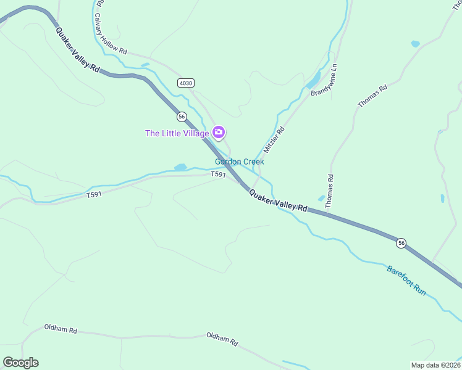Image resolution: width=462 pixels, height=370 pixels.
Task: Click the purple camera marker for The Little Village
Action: coord(218,132)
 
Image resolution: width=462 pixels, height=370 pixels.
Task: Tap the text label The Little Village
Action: coord(177,133)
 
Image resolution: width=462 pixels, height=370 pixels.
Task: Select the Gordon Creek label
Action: coord(239,162)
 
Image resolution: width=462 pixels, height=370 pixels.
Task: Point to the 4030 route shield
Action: coord(185,83)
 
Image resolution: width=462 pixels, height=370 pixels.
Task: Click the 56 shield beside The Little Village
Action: coord(181,116)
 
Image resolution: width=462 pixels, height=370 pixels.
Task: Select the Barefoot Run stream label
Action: coord(406,279)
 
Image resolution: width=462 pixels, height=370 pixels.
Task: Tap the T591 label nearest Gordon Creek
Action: coord(218,175)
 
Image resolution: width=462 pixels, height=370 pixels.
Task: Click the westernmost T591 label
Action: coord(94,195)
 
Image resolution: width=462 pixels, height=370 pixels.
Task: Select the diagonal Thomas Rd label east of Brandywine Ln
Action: coord(372,96)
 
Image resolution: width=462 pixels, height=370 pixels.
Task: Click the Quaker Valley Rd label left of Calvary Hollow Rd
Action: coord(78,50)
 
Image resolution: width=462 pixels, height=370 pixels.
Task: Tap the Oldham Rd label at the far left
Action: coord(61,330)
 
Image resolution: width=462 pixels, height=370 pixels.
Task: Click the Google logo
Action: coord(20,363)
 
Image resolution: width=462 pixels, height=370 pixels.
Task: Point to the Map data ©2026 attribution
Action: coord(435,364)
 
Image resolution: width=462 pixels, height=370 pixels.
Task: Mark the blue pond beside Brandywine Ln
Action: coord(313,80)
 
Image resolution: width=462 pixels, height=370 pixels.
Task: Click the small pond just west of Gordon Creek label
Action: coord(180,167)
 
